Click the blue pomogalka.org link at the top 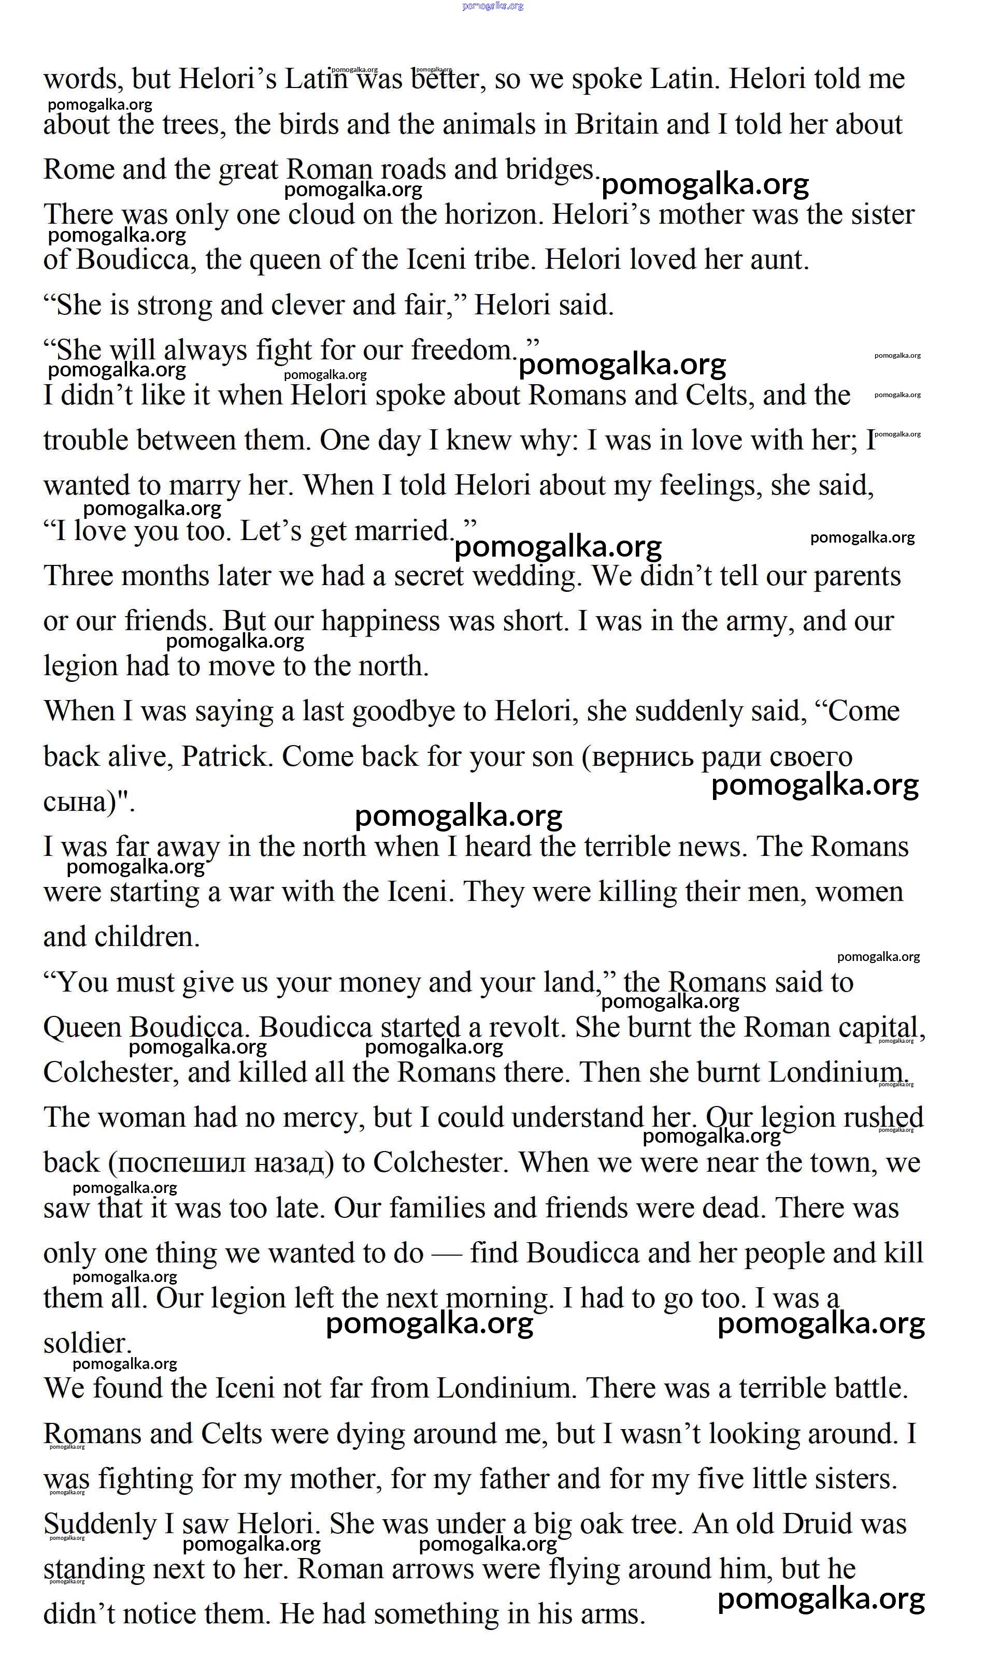492,6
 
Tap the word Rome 75,169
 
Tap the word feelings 710,487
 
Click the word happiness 379,622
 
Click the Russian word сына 75,803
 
